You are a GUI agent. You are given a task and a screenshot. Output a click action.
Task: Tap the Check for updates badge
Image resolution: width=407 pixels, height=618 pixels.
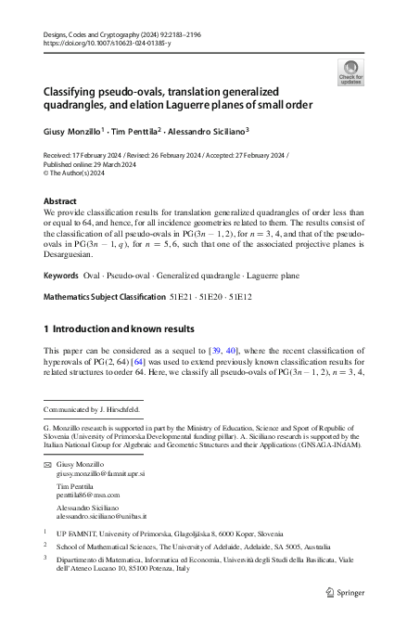[350, 73]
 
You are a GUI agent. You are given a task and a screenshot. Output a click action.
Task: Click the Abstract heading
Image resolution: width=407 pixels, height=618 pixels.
[62, 201]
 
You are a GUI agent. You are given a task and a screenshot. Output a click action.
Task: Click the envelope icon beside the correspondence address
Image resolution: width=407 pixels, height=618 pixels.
[48, 463]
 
